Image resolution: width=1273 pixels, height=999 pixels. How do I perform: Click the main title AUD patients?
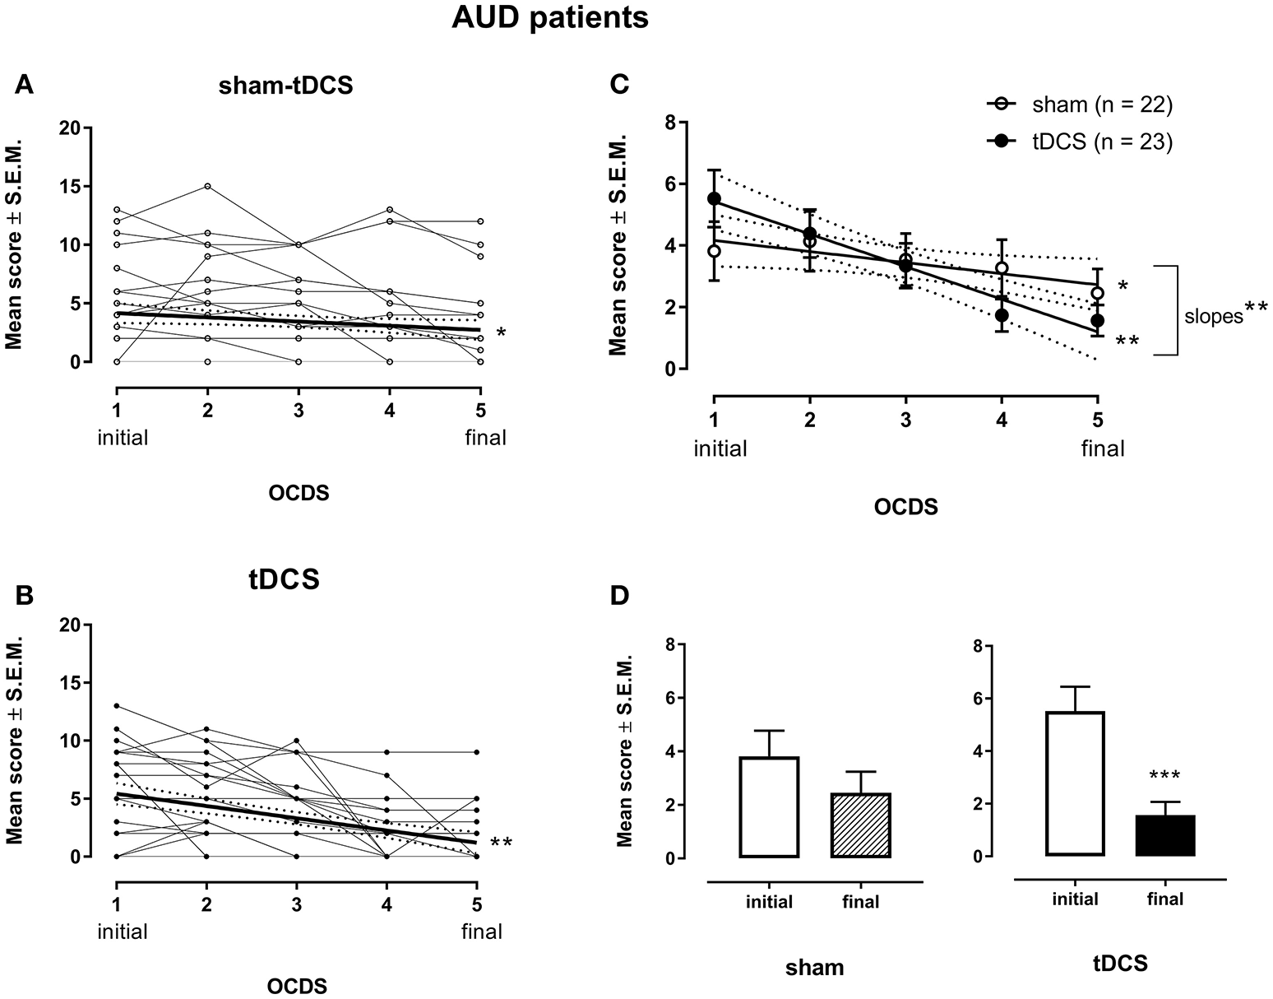point(550,18)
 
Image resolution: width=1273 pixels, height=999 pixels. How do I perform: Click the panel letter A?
point(25,85)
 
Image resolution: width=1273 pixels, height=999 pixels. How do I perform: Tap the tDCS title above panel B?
point(284,579)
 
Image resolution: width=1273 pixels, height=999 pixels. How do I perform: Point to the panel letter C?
point(622,85)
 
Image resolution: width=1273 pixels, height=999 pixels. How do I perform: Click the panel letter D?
point(622,594)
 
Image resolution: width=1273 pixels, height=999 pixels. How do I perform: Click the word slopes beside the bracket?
point(1213,317)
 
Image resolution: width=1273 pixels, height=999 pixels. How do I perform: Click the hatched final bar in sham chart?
point(861,825)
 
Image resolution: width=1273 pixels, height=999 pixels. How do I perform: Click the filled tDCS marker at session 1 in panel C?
point(714,199)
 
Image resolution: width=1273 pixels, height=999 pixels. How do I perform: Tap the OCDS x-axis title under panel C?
point(905,507)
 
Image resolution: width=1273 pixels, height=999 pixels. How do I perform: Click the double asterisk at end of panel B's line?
point(501,843)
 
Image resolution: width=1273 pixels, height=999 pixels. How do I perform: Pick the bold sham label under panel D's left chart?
point(814,968)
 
